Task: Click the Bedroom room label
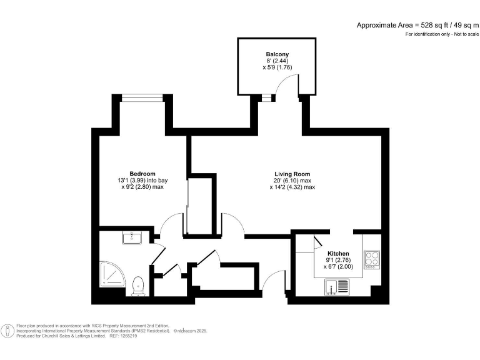point(142,173)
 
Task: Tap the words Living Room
point(292,174)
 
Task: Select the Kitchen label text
point(338,253)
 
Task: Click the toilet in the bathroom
point(139,286)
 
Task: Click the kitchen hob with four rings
point(371,259)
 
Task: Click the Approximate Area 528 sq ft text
point(417,25)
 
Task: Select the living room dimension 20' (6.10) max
point(292,181)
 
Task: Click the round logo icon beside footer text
point(8,331)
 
